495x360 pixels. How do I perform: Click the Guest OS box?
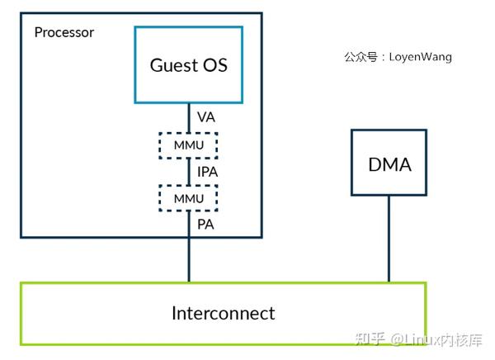tap(188, 64)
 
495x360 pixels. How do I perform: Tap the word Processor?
tap(64, 33)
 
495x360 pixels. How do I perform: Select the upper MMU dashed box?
tap(188, 145)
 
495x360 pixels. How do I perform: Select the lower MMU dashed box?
tap(188, 198)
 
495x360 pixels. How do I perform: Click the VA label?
tap(206, 117)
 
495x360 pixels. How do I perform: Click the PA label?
tap(206, 224)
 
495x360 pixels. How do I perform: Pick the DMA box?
tap(389, 163)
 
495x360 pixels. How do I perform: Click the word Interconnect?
tap(224, 314)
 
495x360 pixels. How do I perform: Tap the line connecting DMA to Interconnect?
tap(389, 239)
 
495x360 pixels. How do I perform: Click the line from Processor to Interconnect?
tap(188, 261)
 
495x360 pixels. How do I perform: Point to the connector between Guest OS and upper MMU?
tap(188, 117)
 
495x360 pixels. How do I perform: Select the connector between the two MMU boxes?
tap(188, 172)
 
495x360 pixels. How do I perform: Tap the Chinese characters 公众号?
tap(360, 58)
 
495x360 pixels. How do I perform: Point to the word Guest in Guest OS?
tap(170, 64)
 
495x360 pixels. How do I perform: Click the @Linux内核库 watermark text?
tap(437, 339)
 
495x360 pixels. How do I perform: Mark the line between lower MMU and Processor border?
tap(188, 225)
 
